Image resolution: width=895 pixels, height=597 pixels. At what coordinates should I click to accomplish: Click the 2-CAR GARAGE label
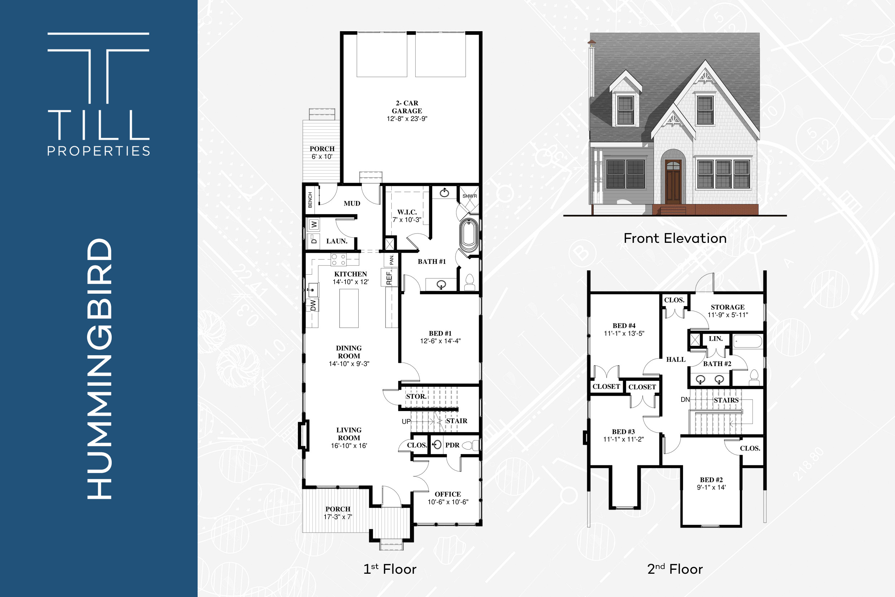pos(407,107)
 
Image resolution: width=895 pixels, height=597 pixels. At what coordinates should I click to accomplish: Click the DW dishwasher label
pos(313,305)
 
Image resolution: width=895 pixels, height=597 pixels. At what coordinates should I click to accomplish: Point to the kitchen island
pos(349,308)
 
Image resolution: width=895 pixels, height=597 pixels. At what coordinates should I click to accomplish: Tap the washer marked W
pos(314,225)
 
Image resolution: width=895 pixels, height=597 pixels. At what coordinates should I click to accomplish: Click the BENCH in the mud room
pos(310,200)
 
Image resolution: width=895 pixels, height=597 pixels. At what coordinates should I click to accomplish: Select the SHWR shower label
pos(470,196)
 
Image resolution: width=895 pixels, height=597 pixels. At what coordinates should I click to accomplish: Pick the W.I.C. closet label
pos(407,212)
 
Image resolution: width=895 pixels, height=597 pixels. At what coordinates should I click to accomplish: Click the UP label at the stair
pos(406,422)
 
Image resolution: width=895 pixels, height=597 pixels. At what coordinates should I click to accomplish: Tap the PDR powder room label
pos(452,445)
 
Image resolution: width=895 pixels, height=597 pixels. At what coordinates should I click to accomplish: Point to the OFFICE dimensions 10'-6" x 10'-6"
pos(448,502)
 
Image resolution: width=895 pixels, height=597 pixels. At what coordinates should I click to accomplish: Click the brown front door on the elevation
pos(673,182)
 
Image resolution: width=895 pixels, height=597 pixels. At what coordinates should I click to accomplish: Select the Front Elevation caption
pos(675,239)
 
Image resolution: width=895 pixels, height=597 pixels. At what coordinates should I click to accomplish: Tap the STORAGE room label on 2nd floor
pos(727,307)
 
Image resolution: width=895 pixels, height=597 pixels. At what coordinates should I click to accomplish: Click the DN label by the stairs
pos(685,399)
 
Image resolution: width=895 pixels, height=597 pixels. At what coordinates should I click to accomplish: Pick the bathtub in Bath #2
pos(748,342)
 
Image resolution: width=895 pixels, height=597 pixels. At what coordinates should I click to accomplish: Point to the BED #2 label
pos(711,480)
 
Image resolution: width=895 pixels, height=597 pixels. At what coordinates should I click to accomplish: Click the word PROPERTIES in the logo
pos(98,151)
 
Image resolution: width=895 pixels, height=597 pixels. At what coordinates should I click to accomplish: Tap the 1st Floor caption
pos(390,569)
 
